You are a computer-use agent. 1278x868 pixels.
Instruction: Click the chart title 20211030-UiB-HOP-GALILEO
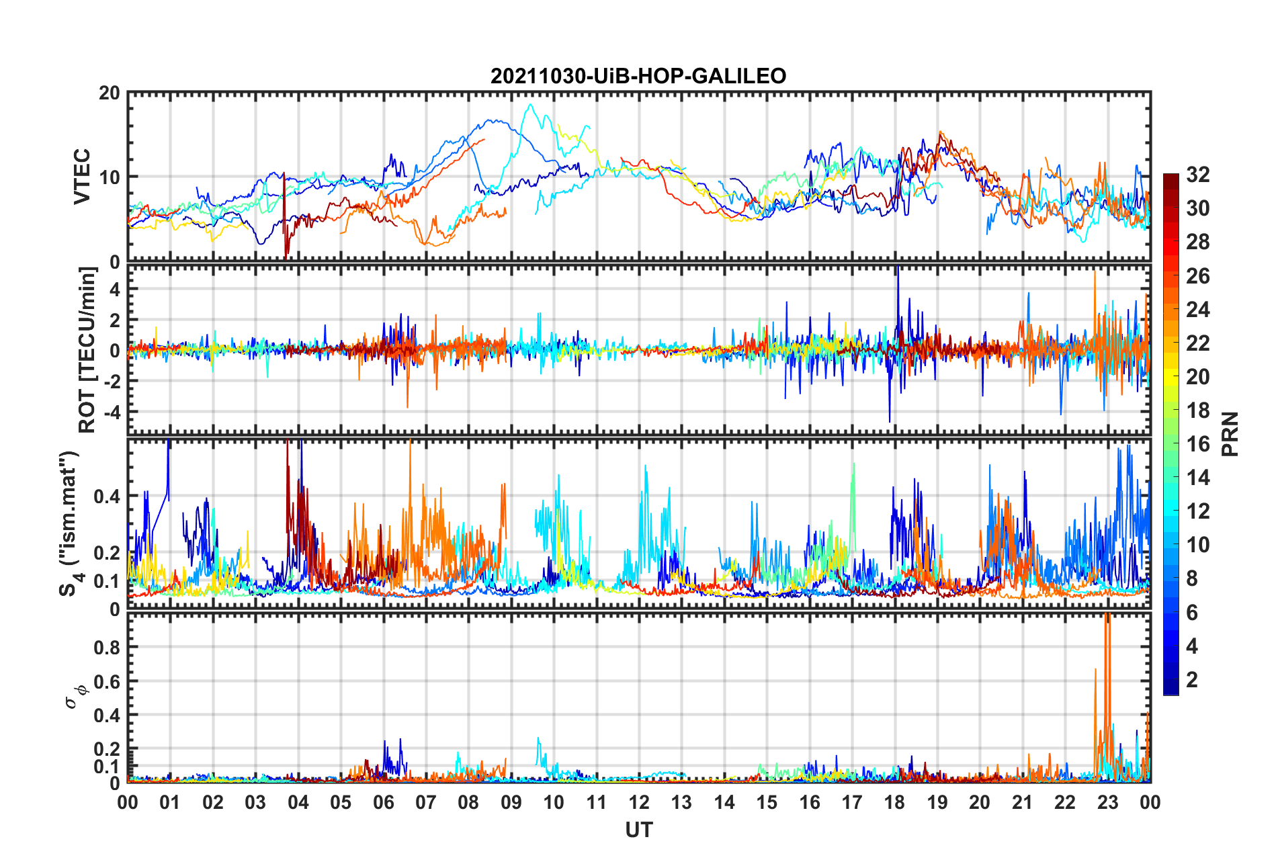click(x=638, y=76)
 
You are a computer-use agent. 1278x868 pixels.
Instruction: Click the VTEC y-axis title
click(x=82, y=177)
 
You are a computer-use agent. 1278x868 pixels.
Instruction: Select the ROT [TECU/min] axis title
click(x=88, y=349)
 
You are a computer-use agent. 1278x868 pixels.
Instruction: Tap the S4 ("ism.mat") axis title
click(x=69, y=524)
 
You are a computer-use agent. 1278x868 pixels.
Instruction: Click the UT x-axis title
click(x=638, y=830)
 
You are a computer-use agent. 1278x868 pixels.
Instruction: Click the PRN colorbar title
click(x=1230, y=434)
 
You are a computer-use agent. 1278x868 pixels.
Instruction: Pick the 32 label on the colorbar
click(x=1197, y=175)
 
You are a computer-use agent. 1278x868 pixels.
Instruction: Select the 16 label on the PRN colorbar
click(x=1197, y=444)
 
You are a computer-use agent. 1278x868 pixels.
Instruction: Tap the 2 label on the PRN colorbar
click(x=1192, y=680)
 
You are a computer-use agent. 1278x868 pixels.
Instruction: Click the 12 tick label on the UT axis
click(x=639, y=802)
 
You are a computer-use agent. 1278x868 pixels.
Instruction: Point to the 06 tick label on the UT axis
click(x=384, y=802)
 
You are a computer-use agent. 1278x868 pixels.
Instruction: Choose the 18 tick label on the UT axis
click(x=894, y=802)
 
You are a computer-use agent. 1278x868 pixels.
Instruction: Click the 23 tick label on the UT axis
click(x=1107, y=802)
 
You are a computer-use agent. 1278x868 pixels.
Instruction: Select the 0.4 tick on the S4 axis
click(x=107, y=496)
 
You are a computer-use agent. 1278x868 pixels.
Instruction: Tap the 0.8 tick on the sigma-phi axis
click(x=107, y=648)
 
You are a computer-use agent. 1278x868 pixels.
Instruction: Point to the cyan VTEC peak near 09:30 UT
click(x=531, y=105)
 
